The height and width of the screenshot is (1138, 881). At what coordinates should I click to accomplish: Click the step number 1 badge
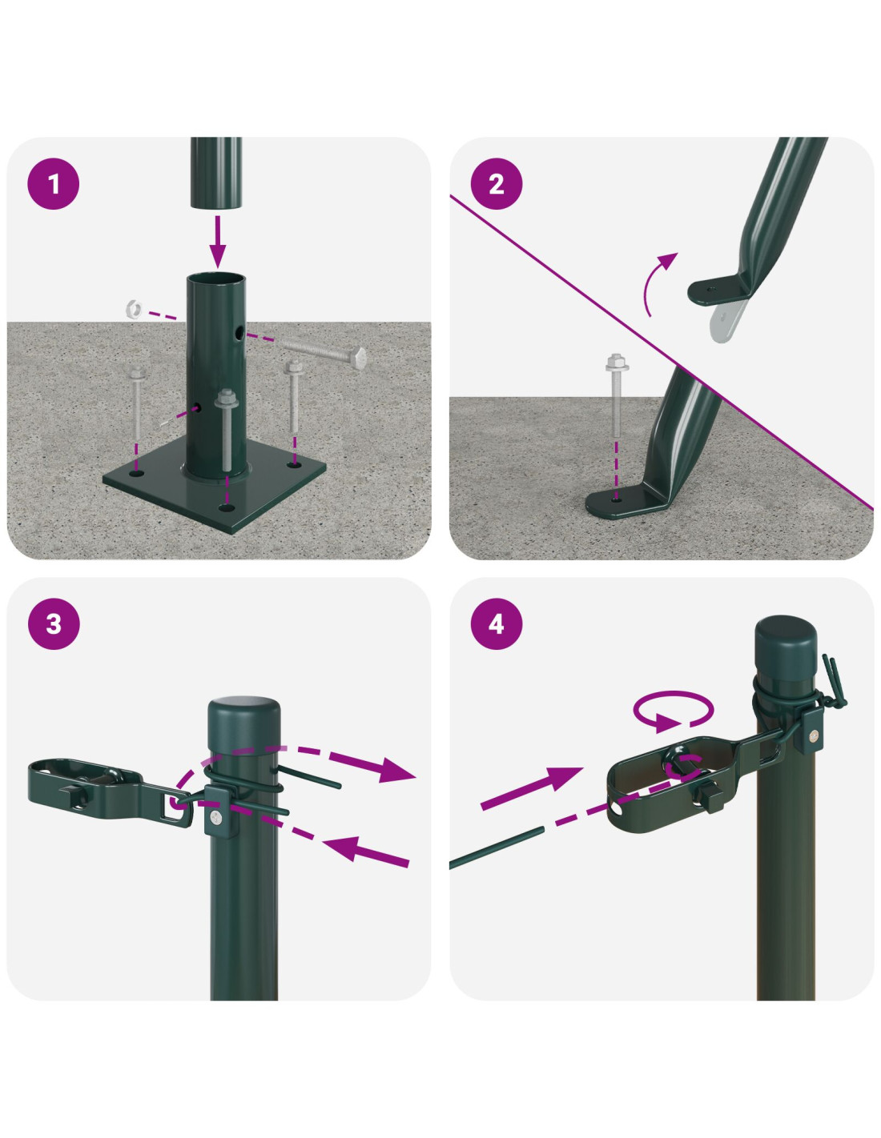pos(54,184)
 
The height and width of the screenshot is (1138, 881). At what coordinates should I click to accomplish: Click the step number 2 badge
pos(497,184)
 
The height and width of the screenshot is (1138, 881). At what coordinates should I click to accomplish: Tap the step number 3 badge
pos(54,623)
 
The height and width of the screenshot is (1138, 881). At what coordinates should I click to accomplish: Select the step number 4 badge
pos(497,623)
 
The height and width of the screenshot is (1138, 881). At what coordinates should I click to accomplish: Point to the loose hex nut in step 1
pos(134,308)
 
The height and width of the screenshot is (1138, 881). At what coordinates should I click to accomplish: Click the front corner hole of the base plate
pos(226,507)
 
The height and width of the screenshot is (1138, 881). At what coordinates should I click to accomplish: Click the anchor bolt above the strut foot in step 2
pos(617,398)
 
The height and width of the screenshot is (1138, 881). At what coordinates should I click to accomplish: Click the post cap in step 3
pos(243,725)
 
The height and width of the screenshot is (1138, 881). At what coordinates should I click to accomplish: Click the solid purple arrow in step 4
pos(532,789)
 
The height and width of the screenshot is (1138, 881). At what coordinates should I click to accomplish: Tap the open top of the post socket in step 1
pos(216,278)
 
